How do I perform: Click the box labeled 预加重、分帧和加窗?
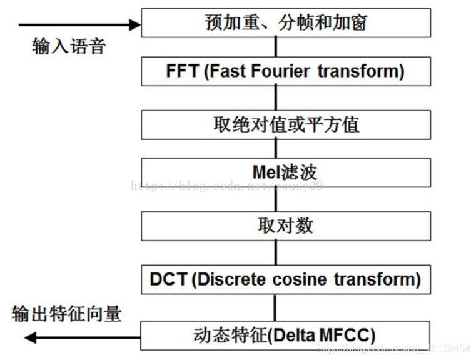point(286,22)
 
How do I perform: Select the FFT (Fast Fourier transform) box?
point(286,71)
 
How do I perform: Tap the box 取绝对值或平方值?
point(286,124)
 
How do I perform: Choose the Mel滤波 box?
point(286,172)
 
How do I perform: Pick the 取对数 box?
point(286,226)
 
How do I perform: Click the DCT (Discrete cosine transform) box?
point(286,279)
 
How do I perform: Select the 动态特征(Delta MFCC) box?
point(286,332)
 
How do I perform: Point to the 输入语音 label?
point(69,46)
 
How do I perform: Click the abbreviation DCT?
point(169,279)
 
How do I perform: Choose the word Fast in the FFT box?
point(228,71)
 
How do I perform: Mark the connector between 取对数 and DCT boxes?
point(275,253)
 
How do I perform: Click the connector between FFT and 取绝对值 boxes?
point(275,97)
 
